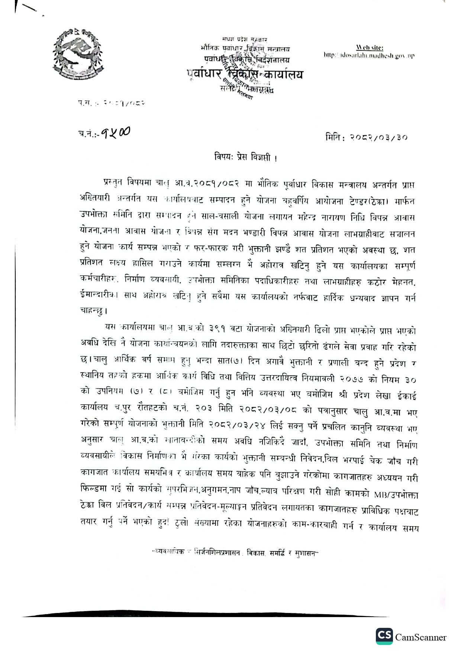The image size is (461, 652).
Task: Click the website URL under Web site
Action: pos(369,55)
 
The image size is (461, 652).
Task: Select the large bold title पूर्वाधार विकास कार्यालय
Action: pos(245,75)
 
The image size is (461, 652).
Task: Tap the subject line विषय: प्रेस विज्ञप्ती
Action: pos(246,157)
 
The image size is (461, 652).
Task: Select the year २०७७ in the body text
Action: pos(352,379)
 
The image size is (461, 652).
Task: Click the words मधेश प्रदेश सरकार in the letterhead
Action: pos(245,39)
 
